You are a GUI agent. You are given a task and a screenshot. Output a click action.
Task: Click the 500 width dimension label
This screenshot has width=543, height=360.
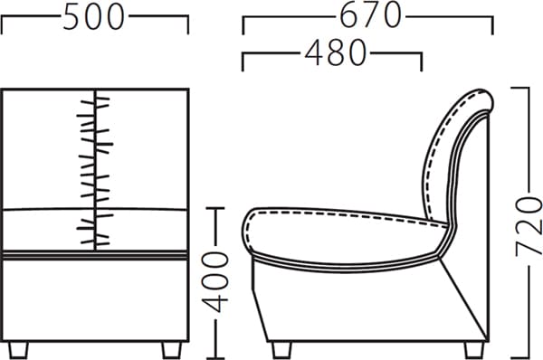click(x=93, y=17)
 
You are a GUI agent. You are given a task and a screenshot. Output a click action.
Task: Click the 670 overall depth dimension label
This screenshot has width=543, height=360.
click(x=370, y=15)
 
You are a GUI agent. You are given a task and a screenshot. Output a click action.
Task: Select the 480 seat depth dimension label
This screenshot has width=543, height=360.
click(x=335, y=52)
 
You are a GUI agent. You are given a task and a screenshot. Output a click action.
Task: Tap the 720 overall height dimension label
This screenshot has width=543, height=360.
click(x=529, y=227)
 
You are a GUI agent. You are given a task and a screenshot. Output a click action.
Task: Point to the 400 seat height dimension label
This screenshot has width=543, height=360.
click(x=215, y=282)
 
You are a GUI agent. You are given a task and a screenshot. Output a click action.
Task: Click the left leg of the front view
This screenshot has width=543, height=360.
click(x=19, y=350)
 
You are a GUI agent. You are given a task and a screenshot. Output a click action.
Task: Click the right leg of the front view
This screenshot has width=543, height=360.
click(x=172, y=350)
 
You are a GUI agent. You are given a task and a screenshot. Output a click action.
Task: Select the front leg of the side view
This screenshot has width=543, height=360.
click(x=281, y=350)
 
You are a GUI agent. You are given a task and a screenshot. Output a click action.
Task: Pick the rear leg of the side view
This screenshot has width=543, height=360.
click(x=474, y=350)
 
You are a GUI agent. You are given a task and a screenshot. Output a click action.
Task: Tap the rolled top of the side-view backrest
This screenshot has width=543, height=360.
click(x=480, y=99)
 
